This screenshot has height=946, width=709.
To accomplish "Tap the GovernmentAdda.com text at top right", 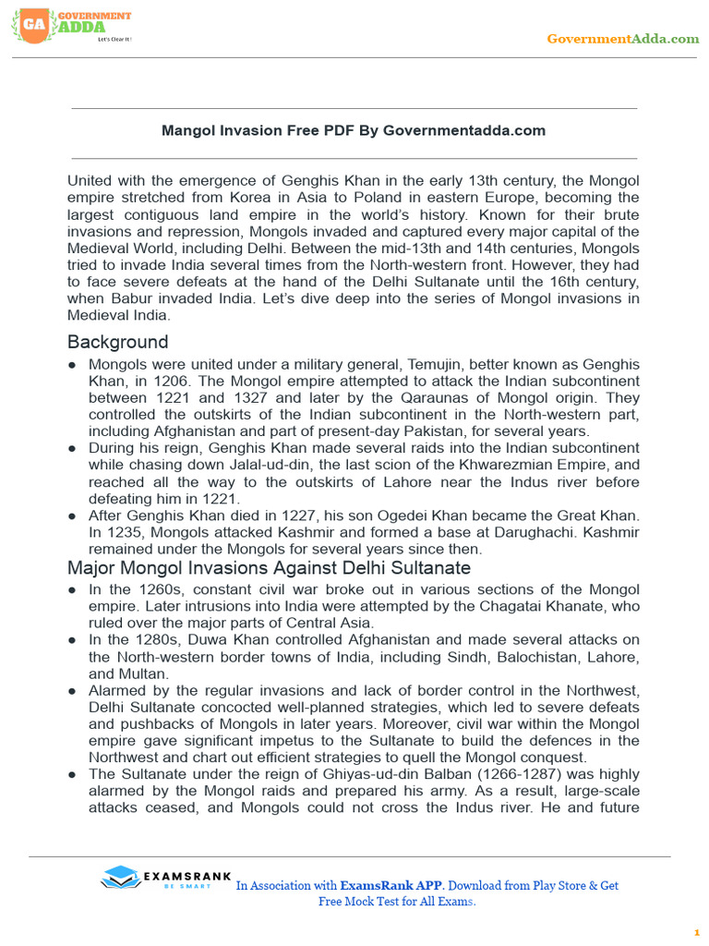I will click(622, 38).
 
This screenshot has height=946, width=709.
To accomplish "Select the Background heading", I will click(117, 342).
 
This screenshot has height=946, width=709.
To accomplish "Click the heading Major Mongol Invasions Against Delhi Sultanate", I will click(269, 567).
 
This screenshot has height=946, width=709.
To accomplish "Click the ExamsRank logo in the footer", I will click(157, 878).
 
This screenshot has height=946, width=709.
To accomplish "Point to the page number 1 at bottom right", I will click(697, 933).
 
